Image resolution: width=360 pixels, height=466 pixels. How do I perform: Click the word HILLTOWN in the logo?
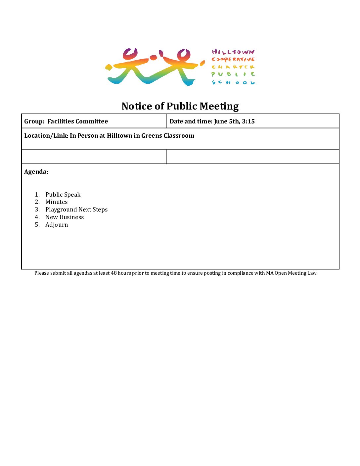tap(233, 52)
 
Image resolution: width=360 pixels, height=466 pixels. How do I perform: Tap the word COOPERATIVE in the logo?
tap(233, 60)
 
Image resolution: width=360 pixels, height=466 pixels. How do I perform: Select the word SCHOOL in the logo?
tap(233, 82)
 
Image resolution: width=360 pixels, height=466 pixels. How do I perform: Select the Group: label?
tap(34, 121)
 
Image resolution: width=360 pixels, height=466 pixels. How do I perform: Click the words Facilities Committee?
tap(78, 121)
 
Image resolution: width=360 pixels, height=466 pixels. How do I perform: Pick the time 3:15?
tap(248, 121)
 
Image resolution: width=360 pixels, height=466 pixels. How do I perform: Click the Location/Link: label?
tap(46, 136)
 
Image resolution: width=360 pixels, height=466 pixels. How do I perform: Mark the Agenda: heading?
tap(36, 172)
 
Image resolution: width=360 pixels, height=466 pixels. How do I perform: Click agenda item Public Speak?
tap(63, 195)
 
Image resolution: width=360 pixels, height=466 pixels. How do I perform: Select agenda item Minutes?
tap(57, 202)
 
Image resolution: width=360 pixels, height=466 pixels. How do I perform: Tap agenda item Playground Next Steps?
tap(76, 210)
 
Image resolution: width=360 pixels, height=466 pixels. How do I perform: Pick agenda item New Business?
tap(65, 217)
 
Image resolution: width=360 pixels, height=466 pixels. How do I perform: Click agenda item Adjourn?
tap(57, 225)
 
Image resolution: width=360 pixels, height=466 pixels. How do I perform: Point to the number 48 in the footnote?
tap(113, 273)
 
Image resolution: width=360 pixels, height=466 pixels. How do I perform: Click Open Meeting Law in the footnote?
tap(296, 273)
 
